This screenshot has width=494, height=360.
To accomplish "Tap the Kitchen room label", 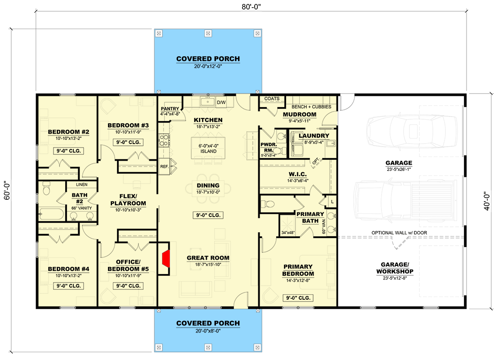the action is tap(208, 120).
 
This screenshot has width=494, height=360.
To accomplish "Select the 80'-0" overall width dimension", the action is tap(251, 7).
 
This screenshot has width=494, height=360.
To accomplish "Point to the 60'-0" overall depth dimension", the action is tap(7, 190).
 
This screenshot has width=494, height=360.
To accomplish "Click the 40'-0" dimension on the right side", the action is tap(487, 202).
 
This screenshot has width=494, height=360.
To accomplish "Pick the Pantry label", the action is tap(170, 109).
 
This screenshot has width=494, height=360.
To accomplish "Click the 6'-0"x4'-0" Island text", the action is tap(208, 148).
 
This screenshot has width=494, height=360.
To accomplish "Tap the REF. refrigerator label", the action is tap(165, 166).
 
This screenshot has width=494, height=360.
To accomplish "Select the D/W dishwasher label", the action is tap(221, 103).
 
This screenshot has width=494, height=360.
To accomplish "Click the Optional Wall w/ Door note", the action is tap(399, 233).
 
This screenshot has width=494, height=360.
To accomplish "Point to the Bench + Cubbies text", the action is tap(311, 107).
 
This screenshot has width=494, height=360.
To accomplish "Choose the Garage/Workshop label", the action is tap(395, 268).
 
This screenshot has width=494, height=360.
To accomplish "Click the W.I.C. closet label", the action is tap(297, 174).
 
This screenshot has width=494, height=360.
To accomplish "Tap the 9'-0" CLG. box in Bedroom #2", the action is tap(69, 151).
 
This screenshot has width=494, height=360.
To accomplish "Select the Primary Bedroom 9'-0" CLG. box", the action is tap(298, 298).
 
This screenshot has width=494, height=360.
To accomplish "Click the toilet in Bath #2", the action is tap(47, 189).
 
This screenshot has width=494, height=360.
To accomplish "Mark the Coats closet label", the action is tap(272, 99).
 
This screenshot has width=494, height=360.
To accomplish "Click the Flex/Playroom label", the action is tap(128, 200).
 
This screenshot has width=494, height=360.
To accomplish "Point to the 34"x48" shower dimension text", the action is tap(288, 233).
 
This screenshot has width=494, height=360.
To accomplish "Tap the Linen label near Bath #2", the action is tap(81, 184).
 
